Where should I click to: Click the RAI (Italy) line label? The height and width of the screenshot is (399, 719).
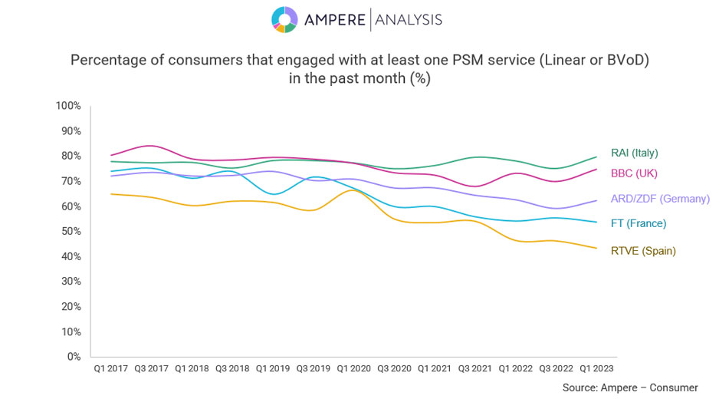tap(634, 153)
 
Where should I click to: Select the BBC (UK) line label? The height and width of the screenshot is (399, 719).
tap(634, 173)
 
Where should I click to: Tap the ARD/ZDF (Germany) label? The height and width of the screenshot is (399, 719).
tap(660, 199)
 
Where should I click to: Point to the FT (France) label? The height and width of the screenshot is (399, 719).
tap(638, 223)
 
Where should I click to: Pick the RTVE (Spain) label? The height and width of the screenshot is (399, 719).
tap(643, 251)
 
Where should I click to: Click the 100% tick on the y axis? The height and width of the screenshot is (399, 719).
tap(68, 105)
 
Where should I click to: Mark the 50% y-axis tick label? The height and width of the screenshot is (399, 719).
tap(71, 231)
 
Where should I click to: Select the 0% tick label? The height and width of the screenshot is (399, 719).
tap(74, 356)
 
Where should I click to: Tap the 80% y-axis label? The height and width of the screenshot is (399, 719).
tap(71, 156)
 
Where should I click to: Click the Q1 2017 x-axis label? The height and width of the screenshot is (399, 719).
tap(110, 368)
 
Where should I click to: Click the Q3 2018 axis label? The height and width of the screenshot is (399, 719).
tap(232, 368)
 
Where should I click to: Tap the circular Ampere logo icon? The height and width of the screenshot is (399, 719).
tap(284, 20)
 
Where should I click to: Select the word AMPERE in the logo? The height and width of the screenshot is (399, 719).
tap(334, 20)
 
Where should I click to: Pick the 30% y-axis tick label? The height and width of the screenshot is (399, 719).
tap(71, 281)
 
